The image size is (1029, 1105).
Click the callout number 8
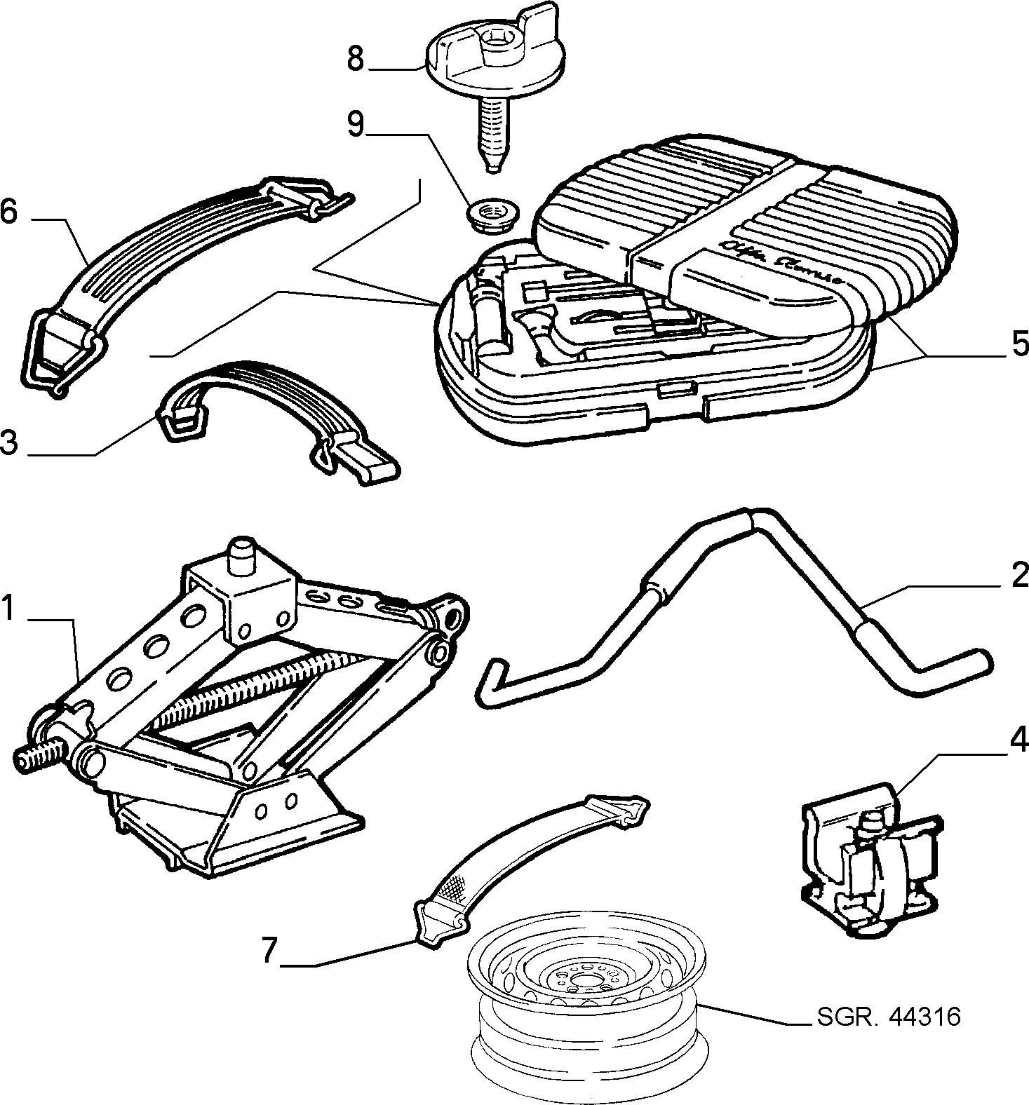point(356,59)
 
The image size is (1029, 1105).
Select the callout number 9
point(356,124)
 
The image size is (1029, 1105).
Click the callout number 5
point(1018,345)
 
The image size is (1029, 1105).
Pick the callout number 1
point(8,608)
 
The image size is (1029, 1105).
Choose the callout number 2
point(1018,576)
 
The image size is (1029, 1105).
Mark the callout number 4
point(1018,740)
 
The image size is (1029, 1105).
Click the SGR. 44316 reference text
point(888,1016)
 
